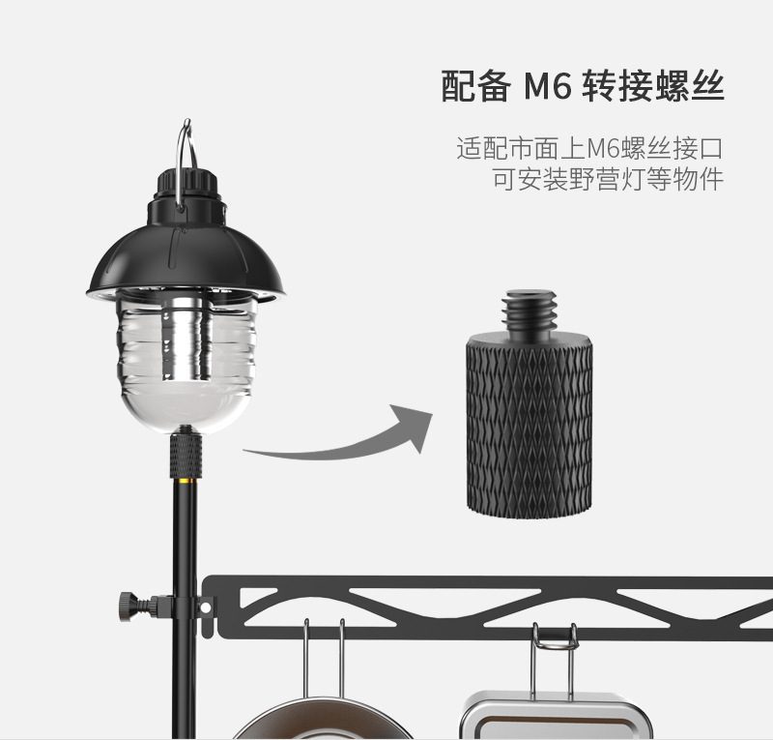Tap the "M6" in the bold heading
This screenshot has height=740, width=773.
point(549,88)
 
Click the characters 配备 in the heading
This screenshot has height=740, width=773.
point(474,88)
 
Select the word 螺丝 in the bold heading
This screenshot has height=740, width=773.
point(690,88)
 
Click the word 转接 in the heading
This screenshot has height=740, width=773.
point(617,88)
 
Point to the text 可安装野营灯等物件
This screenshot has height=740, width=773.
point(608,181)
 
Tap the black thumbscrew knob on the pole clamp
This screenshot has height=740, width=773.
point(127,605)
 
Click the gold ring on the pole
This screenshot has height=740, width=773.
point(186,478)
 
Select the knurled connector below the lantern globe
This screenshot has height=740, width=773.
point(186,453)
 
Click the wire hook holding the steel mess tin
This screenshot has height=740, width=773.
point(554,658)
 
